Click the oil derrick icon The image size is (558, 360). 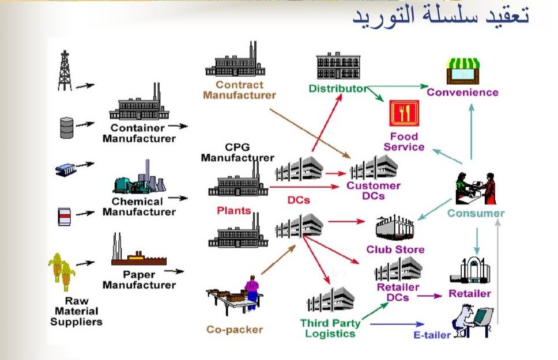[x=65, y=70]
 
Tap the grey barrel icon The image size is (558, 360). [x=67, y=127]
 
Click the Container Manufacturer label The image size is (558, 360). [x=138, y=133]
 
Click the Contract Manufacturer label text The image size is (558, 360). [x=239, y=90]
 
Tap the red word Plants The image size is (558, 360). [x=233, y=211]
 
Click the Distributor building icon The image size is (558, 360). [x=337, y=67]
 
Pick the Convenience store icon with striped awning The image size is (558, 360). [x=463, y=71]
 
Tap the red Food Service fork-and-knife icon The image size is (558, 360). [x=404, y=113]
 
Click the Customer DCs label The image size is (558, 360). [x=373, y=191]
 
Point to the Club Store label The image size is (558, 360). [x=395, y=249]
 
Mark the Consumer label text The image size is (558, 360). [x=476, y=214]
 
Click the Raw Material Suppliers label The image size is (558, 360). [x=76, y=312]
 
